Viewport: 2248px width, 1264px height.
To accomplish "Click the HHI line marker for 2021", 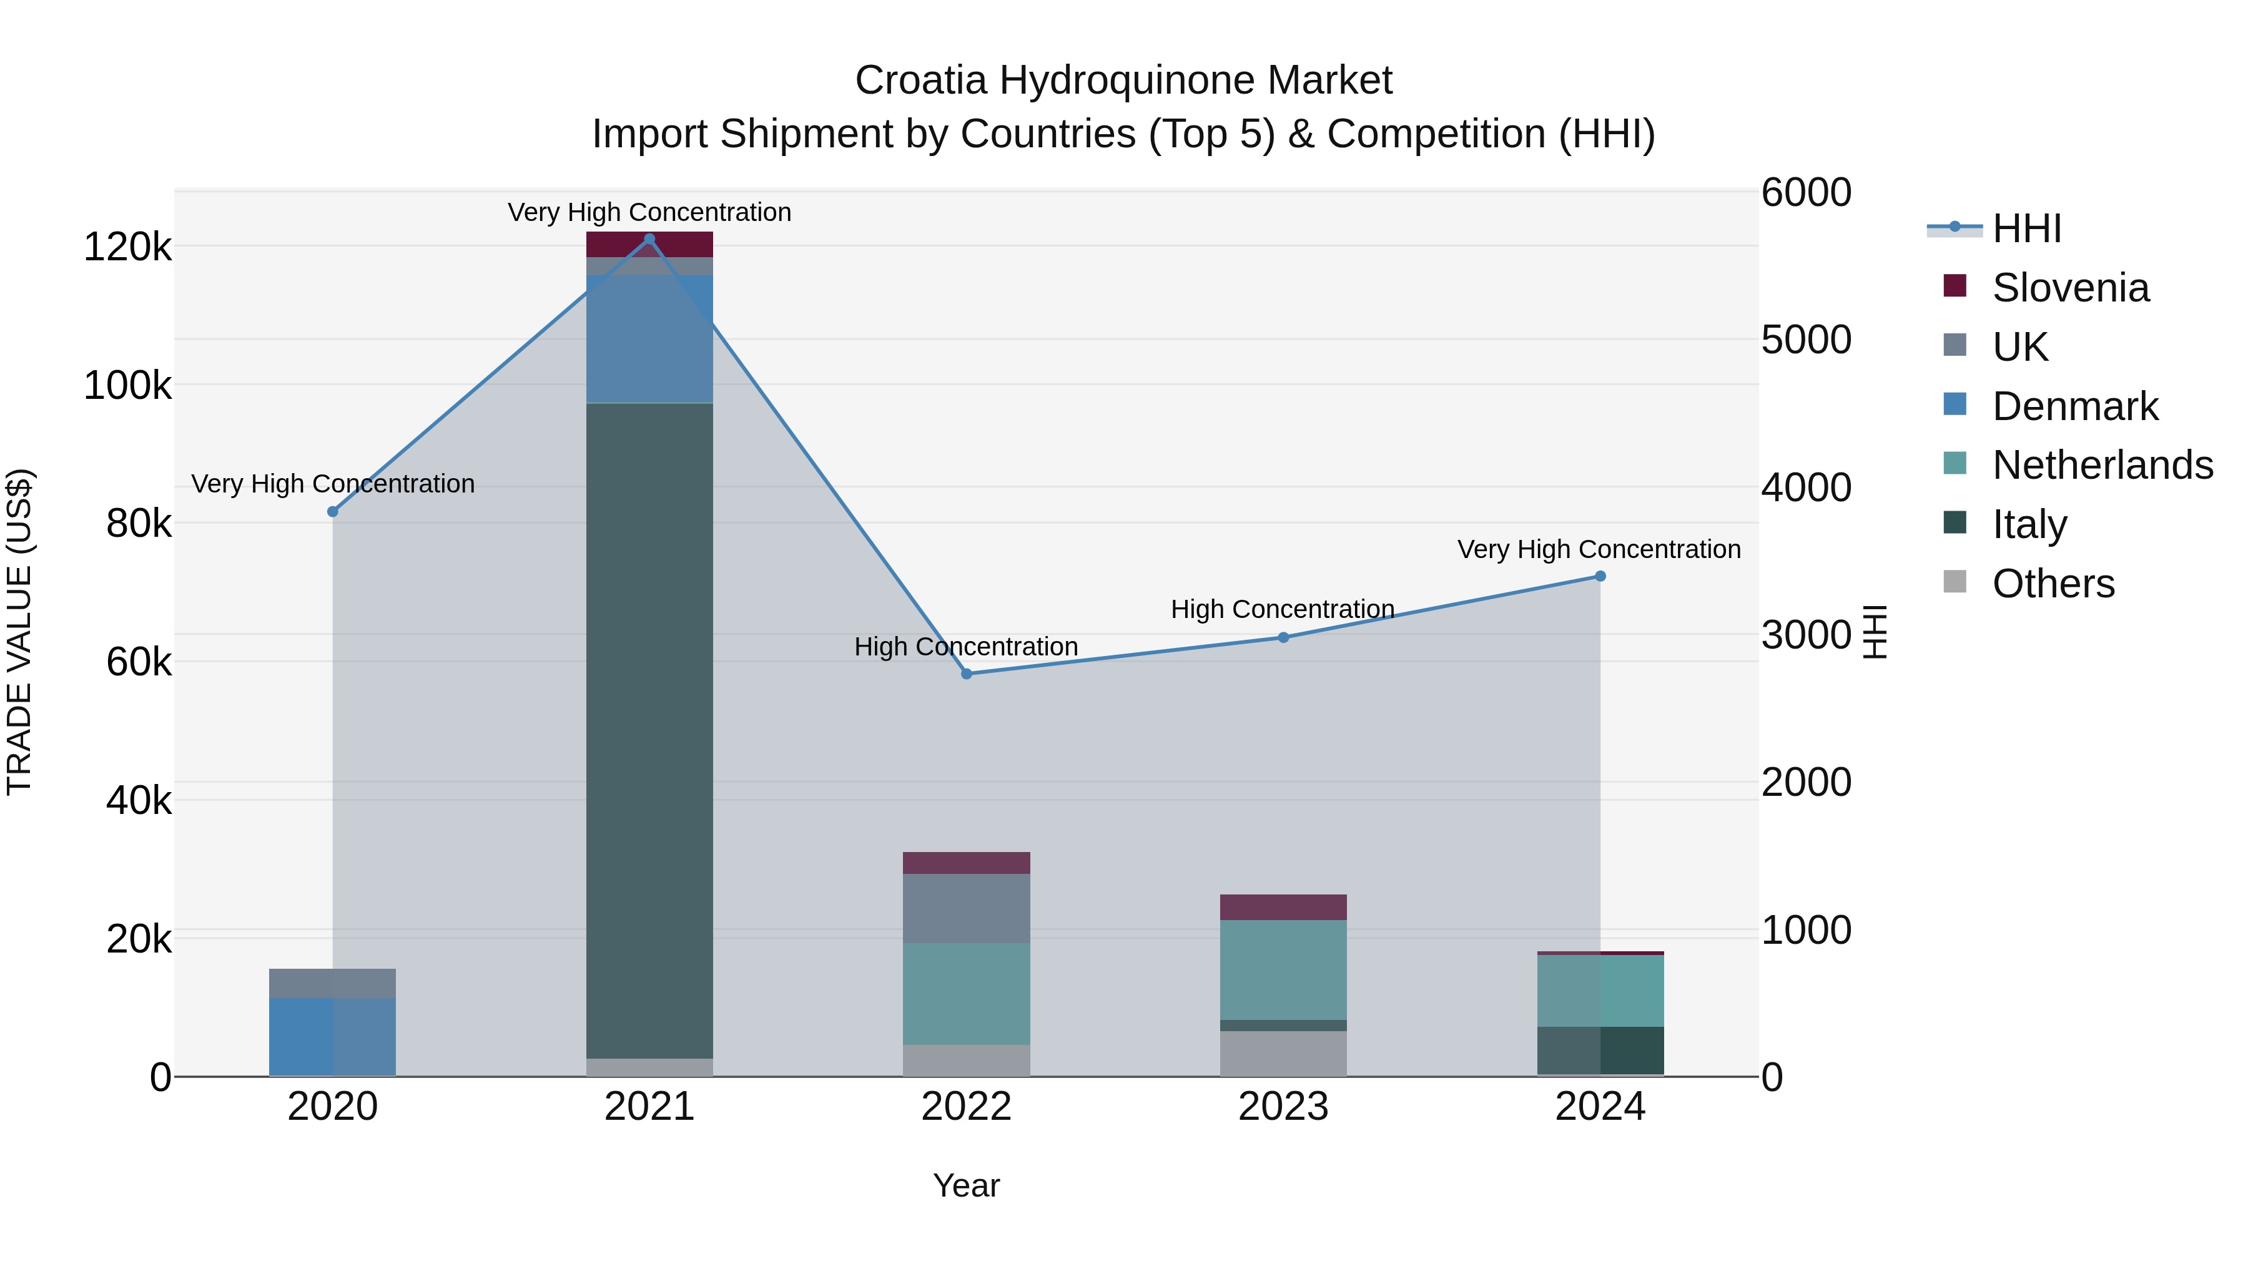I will [x=649, y=239].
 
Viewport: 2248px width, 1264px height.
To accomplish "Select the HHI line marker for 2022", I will [x=966, y=674].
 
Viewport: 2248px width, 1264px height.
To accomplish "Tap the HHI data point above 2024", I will [x=1600, y=576].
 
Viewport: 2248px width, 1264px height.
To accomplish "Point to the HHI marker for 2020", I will [x=332, y=511].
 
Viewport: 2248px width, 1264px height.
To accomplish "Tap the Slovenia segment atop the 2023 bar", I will [x=1283, y=906].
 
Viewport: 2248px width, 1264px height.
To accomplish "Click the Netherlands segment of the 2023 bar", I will [x=1283, y=969].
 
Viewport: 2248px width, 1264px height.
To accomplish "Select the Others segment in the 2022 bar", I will [x=966, y=1060].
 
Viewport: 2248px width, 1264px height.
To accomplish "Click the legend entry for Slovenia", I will [x=2070, y=288].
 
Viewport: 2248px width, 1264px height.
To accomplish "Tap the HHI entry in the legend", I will [x=2026, y=228].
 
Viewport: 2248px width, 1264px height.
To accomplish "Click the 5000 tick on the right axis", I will [x=1805, y=340].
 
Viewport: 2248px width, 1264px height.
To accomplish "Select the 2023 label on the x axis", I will [x=1283, y=1107].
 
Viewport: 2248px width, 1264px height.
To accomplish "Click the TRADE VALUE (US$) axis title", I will [x=19, y=632].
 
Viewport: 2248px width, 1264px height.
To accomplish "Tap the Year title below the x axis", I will [x=966, y=1185].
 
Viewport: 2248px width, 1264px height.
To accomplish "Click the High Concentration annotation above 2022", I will [x=966, y=647].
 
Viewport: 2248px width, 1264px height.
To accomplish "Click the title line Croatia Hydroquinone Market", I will [x=1123, y=81].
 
